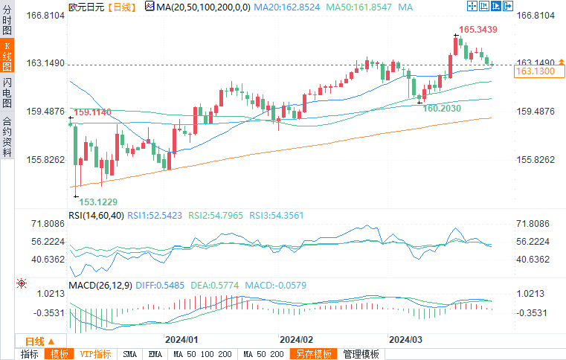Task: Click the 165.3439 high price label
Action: click(x=477, y=30)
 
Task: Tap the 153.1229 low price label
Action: click(x=98, y=202)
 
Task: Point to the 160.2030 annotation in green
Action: click(x=442, y=108)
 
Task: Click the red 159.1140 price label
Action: click(x=93, y=112)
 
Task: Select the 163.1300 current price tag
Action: click(x=535, y=71)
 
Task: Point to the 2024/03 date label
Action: click(x=406, y=338)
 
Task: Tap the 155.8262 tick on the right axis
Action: click(x=536, y=160)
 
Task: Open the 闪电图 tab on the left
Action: click(x=7, y=93)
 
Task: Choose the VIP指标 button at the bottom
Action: click(x=95, y=354)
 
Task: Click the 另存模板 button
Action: click(x=312, y=354)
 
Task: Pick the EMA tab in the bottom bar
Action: click(x=155, y=354)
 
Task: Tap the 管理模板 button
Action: click(x=361, y=354)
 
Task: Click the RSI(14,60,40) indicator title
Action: click(x=95, y=215)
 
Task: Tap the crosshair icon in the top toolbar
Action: click(x=472, y=6)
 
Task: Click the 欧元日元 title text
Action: click(x=86, y=6)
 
